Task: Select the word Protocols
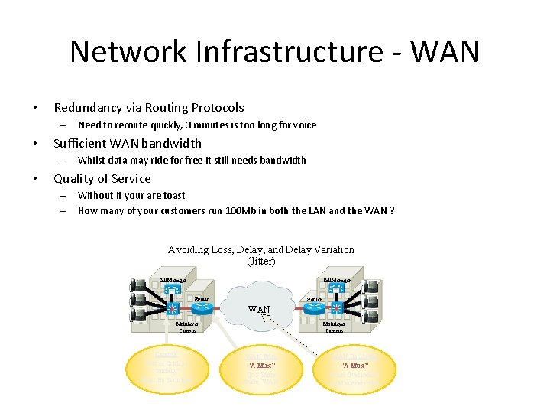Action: (218, 108)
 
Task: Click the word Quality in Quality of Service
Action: (74, 178)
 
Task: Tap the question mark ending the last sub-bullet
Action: (392, 211)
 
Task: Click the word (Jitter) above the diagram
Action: (260, 262)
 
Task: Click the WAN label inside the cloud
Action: (258, 309)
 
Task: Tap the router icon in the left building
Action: (202, 308)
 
